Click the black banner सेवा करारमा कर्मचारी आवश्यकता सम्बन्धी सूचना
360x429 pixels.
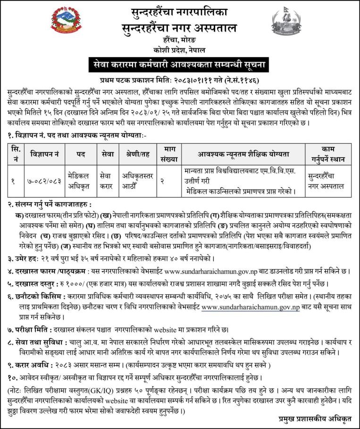point(180,64)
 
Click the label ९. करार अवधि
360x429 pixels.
point(31,364)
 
